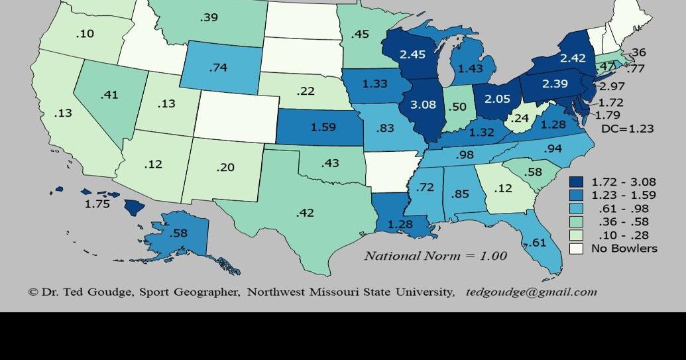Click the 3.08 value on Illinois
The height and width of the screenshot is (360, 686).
[423, 105]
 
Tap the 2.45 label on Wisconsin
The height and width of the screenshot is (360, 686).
[412, 54]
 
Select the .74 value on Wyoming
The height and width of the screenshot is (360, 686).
[218, 68]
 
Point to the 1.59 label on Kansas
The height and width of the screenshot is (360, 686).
[323, 127]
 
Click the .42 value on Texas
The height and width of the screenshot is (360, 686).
[305, 213]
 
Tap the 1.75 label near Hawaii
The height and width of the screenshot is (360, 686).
[97, 204]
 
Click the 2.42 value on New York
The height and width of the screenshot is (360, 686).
[573, 58]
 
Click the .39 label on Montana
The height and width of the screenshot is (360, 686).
[209, 17]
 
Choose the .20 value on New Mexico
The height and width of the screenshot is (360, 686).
[225, 167]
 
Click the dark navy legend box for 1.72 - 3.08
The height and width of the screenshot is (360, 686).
[577, 182]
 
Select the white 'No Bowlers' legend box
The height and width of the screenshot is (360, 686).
[577, 249]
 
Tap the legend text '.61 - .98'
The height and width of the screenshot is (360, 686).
[623, 208]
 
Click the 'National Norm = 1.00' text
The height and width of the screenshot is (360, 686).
[435, 256]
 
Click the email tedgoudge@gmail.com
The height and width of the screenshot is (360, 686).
[531, 292]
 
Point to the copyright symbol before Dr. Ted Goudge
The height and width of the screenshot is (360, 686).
[33, 292]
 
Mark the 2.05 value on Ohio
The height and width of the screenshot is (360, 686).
[497, 98]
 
